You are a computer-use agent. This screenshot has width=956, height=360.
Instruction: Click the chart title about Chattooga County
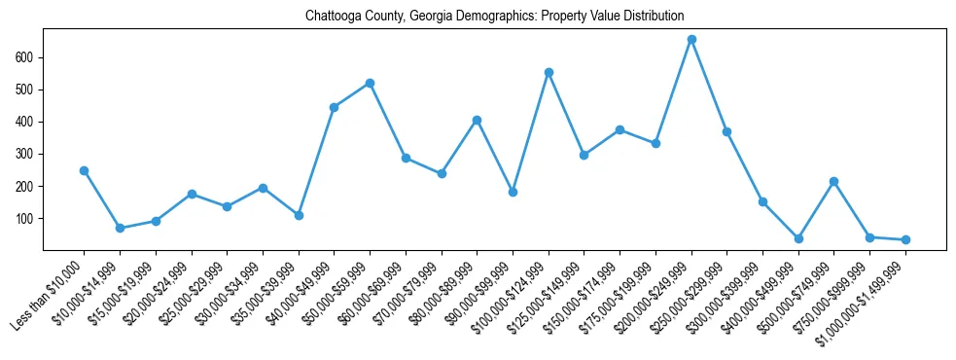pos(494,17)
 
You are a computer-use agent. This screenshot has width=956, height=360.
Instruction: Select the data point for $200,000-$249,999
pos(691,40)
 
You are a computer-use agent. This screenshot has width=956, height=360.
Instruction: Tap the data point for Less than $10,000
pos(84,170)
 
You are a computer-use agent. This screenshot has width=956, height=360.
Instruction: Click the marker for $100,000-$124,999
pos(549,72)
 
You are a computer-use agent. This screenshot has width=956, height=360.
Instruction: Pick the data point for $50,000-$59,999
pos(370,83)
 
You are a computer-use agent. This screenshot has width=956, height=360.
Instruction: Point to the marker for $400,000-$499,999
pos(798,238)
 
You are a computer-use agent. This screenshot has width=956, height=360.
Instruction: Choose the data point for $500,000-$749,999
pos(834,181)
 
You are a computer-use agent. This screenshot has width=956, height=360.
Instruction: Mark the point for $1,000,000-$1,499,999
pos(905,239)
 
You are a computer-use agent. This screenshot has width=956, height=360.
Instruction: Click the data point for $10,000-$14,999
pos(120,228)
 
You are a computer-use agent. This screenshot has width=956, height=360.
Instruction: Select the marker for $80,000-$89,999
pos(477,120)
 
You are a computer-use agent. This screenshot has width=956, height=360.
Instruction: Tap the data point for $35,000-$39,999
pos(299,215)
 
